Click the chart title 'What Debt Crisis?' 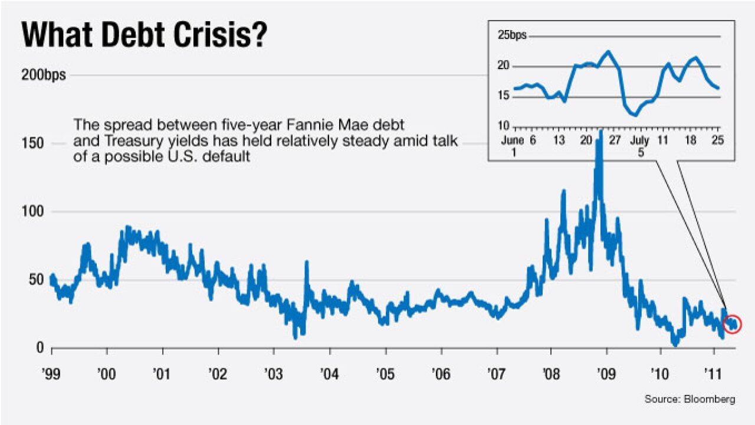point(145,35)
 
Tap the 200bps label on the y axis point(44,76)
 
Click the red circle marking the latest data point(732,324)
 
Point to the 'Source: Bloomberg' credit point(690,400)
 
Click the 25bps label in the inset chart point(511,36)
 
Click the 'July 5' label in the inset point(641,146)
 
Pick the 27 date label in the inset point(614,140)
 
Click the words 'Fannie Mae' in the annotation point(334,126)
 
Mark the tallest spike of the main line point(600,133)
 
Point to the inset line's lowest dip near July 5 point(635,115)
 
